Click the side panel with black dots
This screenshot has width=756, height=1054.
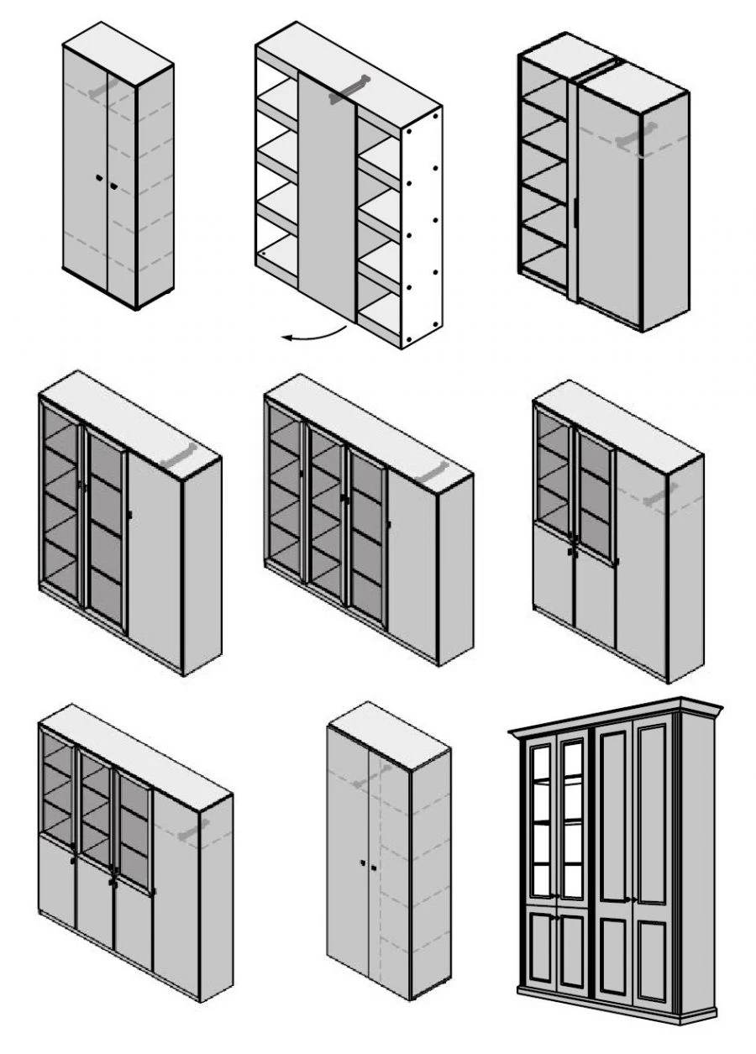pyautogui.click(x=421, y=227)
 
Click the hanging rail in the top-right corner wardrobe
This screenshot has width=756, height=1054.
pyautogui.click(x=636, y=135)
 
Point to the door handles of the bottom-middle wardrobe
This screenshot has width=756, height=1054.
pyautogui.click(x=367, y=865)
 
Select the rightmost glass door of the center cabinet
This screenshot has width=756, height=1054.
pyautogui.click(x=367, y=537)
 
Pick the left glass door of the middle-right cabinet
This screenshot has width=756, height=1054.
pyautogui.click(x=554, y=475)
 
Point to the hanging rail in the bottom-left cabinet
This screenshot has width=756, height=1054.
pyautogui.click(x=194, y=831)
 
